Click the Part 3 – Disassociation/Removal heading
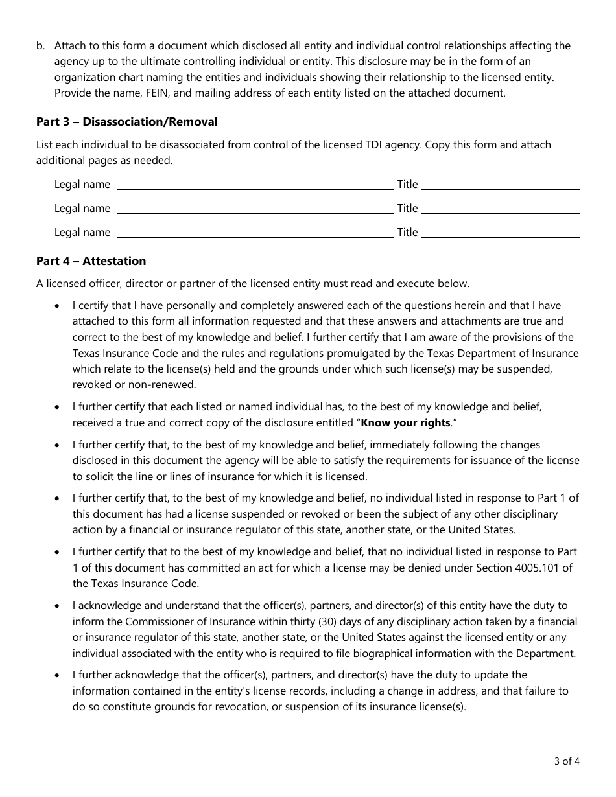(127, 122)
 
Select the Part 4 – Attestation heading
(91, 261)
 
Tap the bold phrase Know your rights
(405, 422)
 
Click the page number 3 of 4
(568, 761)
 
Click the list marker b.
(41, 45)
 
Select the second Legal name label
(82, 209)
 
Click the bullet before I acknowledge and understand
(59, 606)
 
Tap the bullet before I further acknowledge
(59, 675)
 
